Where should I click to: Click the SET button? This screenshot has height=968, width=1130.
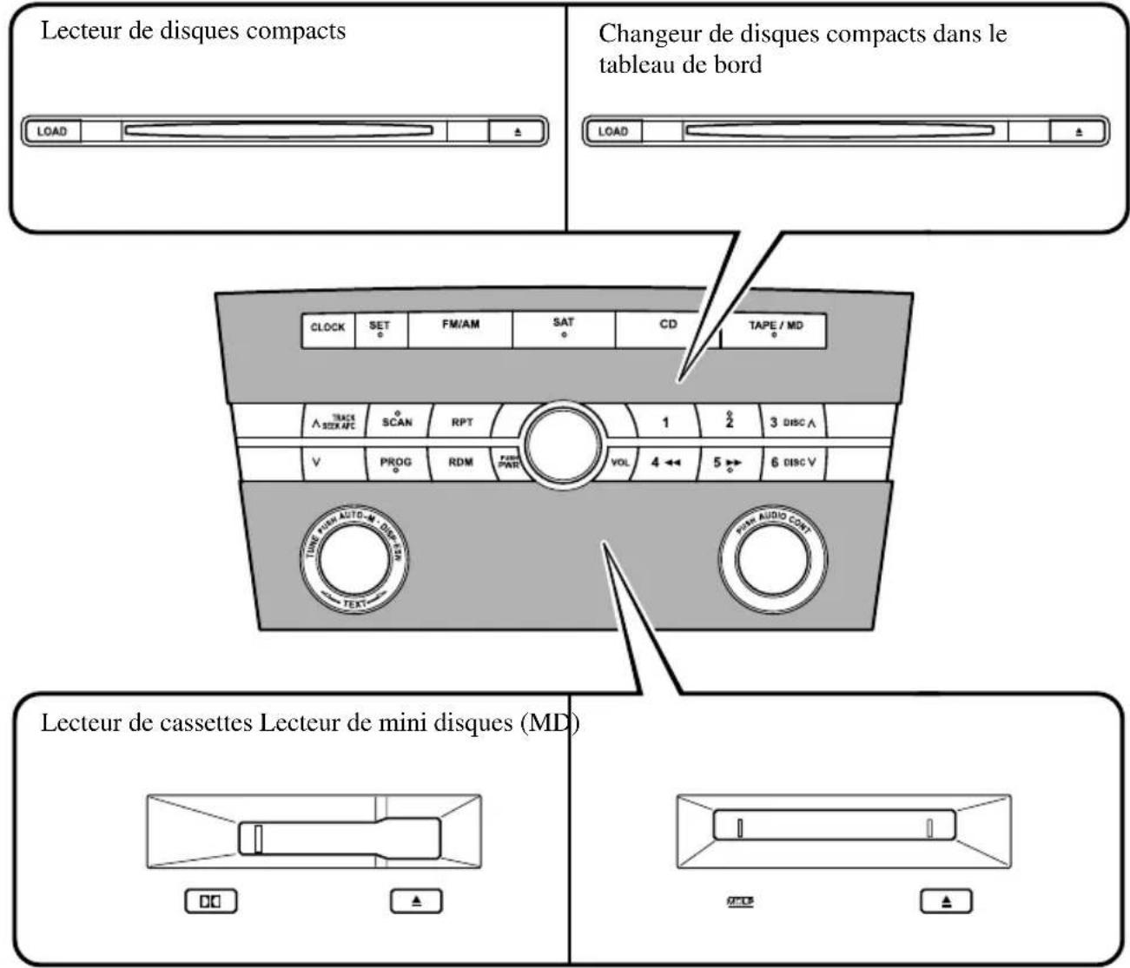380,329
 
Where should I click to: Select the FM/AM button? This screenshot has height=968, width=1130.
460,329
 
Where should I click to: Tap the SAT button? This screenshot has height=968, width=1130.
564,329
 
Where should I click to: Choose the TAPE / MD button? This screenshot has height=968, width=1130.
775,329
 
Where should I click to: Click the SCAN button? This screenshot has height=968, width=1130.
397,422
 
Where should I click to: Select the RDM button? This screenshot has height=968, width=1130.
460,462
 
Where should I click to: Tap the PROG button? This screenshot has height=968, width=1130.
396,462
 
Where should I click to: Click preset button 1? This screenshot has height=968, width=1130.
664,423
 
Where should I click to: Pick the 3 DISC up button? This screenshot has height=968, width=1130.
792,423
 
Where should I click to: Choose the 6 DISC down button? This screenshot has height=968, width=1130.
792,462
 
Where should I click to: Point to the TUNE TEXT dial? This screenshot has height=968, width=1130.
354,558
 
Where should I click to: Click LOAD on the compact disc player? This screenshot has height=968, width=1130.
52,132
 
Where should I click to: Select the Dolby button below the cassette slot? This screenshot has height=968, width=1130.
211,901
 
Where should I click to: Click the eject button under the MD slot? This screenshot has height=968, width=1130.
946,901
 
